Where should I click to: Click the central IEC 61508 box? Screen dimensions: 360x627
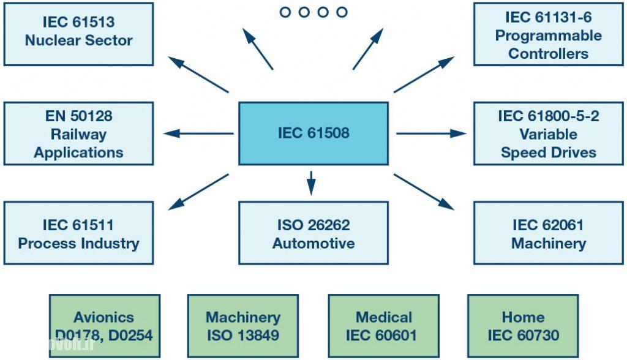313,133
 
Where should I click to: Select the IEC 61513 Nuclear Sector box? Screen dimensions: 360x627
78,33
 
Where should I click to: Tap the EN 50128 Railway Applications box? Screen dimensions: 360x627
78,133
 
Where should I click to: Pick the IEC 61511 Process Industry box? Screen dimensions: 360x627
78,233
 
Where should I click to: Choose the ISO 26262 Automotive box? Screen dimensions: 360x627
313,233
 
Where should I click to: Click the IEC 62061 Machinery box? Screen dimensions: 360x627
548,233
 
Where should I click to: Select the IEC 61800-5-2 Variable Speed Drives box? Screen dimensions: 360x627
548,133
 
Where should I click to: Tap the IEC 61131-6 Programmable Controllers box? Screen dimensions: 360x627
548,34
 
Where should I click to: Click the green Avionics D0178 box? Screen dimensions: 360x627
105,326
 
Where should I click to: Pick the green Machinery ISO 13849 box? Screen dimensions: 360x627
242,326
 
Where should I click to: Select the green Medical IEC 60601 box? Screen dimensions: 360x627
383,326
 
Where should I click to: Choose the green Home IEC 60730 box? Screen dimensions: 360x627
523,326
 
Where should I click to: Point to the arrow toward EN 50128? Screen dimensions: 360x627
198,133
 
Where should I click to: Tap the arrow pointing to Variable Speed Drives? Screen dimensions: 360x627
431,133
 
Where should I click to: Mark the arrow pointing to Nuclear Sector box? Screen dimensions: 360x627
198,75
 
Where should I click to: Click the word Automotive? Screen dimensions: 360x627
313,243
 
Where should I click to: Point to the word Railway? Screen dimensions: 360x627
78,134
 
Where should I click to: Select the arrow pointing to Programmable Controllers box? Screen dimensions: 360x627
424,75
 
